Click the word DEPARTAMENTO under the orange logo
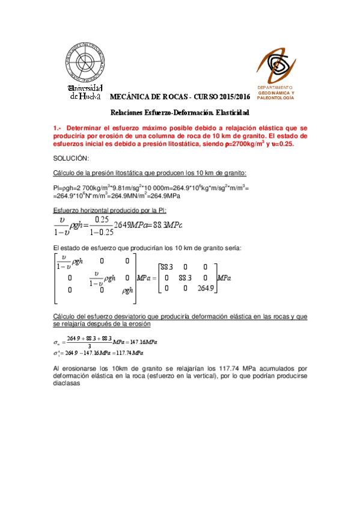point(276,87)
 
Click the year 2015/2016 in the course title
point(234,97)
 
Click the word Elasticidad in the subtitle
point(228,112)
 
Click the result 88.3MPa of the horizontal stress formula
point(163,225)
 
